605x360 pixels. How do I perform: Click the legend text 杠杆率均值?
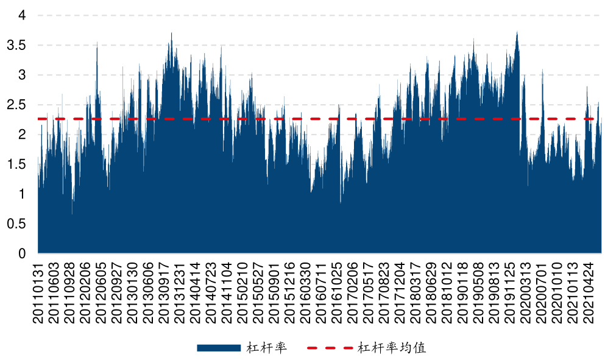point(392,348)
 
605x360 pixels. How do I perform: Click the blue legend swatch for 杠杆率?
point(218,348)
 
